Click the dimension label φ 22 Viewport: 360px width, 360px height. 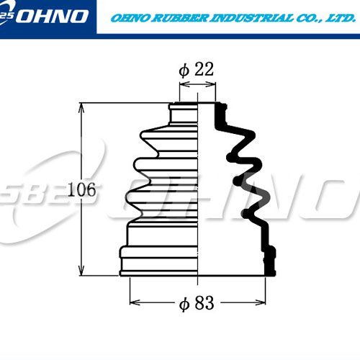point(197,70)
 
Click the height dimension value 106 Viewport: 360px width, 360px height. point(81,189)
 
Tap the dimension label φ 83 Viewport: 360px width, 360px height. point(197,303)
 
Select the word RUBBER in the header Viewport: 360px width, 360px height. point(180,18)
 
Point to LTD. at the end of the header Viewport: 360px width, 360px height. point(340,18)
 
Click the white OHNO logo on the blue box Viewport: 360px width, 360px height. point(52,17)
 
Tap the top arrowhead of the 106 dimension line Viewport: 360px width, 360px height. point(81,107)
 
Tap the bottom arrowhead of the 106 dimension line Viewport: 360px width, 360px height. point(81,271)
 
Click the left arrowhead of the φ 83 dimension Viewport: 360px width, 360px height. point(135,302)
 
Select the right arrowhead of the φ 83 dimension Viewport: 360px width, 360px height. point(261,302)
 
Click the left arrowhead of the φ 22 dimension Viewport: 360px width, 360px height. point(184,84)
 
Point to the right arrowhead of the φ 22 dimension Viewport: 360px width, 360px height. point(211,84)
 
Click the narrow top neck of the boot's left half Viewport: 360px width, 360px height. point(184,114)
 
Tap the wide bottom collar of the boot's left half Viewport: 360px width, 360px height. point(158,261)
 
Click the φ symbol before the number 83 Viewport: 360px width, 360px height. point(184,305)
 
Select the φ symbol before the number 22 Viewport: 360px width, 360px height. point(184,71)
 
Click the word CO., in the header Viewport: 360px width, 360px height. point(309,18)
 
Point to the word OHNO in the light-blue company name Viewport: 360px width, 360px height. point(131,18)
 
